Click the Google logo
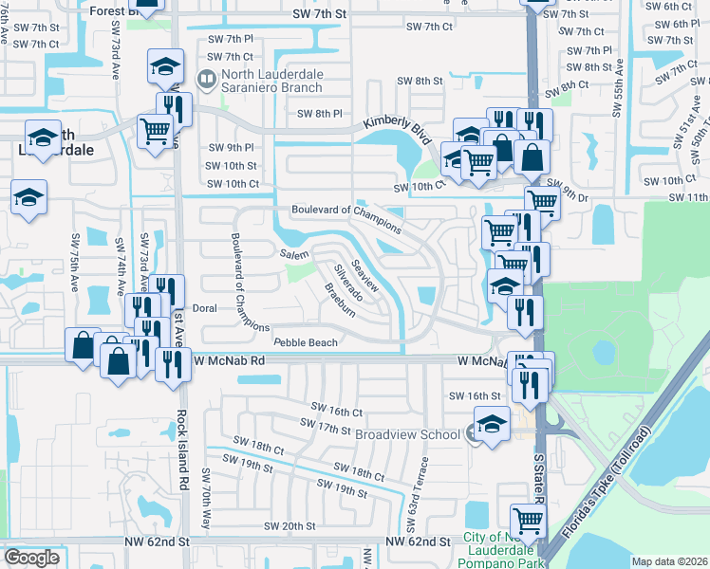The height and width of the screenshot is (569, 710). point(31,557)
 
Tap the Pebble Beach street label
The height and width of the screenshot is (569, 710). point(305,342)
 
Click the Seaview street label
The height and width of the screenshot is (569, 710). point(364,275)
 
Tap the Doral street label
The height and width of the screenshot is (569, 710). point(205,308)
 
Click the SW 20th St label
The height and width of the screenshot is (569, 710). point(290,526)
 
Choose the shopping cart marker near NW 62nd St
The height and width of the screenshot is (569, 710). point(528,520)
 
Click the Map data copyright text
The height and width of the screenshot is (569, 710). point(670,561)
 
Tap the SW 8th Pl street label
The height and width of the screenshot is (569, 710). point(319,114)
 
